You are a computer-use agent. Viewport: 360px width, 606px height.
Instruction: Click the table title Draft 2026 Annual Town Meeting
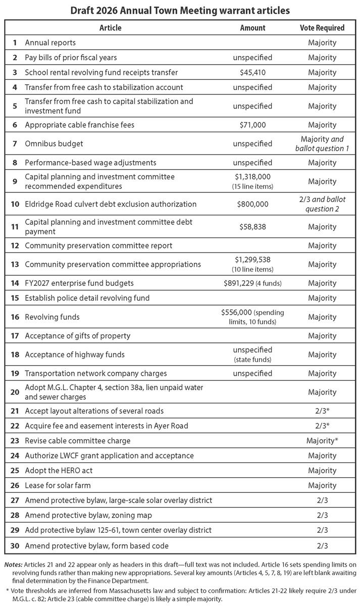tap(180, 10)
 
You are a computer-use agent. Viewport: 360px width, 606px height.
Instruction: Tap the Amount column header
tap(252, 28)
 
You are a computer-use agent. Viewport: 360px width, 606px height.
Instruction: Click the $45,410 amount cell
tap(252, 72)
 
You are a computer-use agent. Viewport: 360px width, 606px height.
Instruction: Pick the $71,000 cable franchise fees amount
tap(252, 125)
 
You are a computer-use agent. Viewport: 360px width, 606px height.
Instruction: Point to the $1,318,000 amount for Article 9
tap(252, 177)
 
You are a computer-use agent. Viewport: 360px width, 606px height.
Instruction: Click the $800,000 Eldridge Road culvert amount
tap(252, 205)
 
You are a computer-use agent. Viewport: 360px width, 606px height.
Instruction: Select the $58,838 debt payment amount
tap(252, 227)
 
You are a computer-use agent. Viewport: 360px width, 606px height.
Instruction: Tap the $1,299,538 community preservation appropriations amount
tap(252, 260)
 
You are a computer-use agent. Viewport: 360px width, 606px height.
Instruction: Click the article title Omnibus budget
tap(54, 144)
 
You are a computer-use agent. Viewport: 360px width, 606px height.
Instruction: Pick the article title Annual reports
tap(50, 43)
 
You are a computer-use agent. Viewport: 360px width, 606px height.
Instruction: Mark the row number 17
tap(15, 336)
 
